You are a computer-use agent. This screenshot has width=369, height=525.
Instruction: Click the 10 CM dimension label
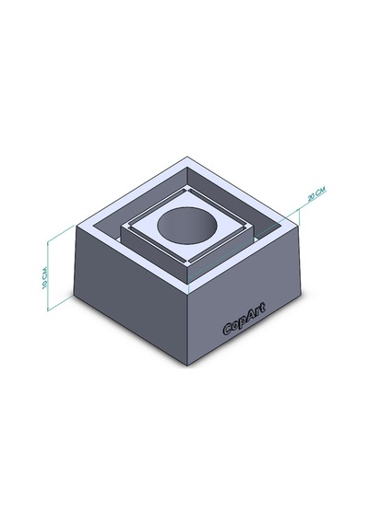point(45,277)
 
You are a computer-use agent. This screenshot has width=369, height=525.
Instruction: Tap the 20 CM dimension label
point(316,193)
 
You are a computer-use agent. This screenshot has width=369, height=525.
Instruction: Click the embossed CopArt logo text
point(244,319)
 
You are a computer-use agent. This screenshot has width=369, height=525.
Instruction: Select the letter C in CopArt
point(228,330)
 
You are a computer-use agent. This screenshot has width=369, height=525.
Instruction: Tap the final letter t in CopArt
point(263,307)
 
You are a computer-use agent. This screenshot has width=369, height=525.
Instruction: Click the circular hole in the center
point(187,226)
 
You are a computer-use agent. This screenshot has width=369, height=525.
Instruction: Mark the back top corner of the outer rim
point(187,157)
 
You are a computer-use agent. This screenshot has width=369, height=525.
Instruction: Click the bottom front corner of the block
point(187,366)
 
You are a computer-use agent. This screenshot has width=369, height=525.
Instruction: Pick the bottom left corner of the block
point(74,295)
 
